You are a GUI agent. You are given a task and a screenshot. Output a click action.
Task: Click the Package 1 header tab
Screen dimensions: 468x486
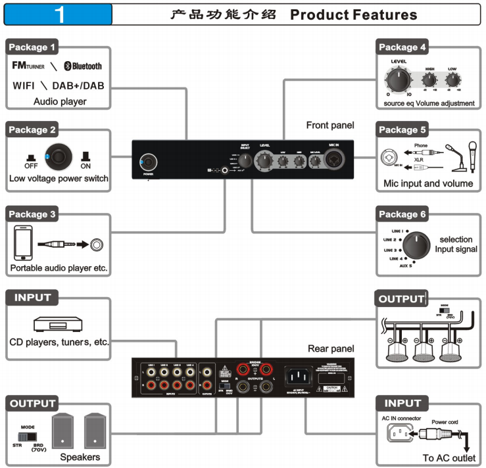pyautogui.click(x=32, y=47)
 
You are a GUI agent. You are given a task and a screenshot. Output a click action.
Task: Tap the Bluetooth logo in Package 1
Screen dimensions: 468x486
pyautogui.click(x=83, y=66)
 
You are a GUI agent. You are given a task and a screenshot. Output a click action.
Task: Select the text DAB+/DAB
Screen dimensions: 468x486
pyautogui.click(x=79, y=86)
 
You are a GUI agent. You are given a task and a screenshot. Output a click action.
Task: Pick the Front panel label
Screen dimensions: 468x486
pyautogui.click(x=330, y=125)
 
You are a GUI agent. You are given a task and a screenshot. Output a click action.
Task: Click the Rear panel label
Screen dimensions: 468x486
pyautogui.click(x=331, y=348)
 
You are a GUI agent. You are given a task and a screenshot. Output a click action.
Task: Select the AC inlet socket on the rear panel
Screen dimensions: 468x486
pyautogui.click(x=297, y=376)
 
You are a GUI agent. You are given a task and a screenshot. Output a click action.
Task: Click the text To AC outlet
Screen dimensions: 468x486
pyautogui.click(x=449, y=458)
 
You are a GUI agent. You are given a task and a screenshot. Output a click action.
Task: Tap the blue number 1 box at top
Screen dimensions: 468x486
pyautogui.click(x=59, y=14)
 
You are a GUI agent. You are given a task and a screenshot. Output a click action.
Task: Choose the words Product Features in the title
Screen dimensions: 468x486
pyautogui.click(x=353, y=14)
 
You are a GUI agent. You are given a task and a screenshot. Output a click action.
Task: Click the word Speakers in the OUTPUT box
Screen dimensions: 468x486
pyautogui.click(x=80, y=457)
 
